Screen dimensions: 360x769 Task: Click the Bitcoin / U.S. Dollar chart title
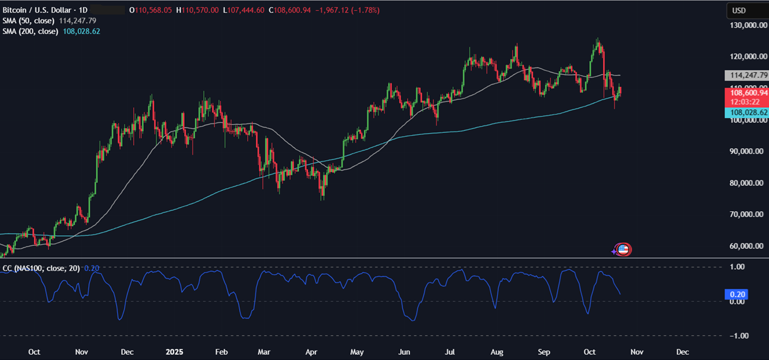37,11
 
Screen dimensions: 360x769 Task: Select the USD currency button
738,11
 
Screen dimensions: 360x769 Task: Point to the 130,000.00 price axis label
748,25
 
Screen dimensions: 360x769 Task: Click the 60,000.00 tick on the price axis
748,246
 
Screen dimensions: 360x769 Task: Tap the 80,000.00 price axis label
748,183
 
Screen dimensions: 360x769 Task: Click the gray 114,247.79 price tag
747,75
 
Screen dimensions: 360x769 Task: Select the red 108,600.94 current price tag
747,93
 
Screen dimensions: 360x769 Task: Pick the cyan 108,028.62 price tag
747,112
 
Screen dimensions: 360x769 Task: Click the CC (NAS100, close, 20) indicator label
41,268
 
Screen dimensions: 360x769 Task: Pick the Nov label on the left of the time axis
81,351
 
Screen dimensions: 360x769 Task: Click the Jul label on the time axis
452,351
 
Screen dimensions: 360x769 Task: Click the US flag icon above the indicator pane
623,250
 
